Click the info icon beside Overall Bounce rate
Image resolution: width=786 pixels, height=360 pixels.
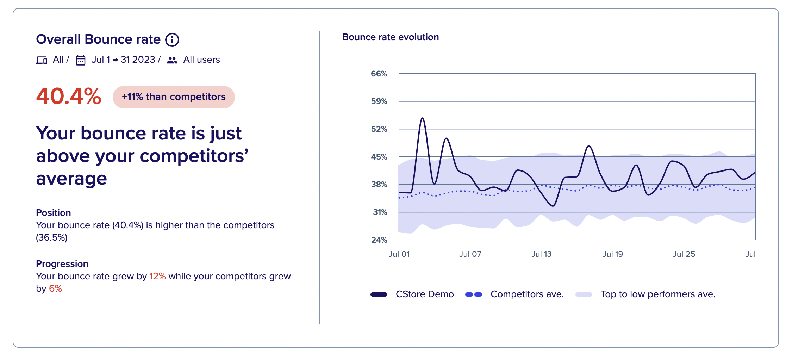point(172,40)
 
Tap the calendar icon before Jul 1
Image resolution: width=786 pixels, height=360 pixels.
point(81,60)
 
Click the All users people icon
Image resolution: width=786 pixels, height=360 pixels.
point(172,60)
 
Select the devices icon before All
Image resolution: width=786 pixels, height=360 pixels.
point(42,60)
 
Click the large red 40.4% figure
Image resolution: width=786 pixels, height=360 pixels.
point(69,96)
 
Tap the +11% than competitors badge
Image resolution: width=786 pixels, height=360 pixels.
point(174,97)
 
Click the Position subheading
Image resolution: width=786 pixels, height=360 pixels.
point(54,213)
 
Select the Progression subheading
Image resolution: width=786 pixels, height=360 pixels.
point(62,264)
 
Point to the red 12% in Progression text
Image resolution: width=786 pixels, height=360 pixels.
point(157,276)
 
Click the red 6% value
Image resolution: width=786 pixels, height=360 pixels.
point(55,288)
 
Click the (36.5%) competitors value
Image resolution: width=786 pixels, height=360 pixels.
point(52,237)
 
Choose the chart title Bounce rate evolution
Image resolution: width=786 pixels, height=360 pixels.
point(391,37)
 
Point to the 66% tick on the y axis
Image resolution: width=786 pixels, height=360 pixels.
point(379,74)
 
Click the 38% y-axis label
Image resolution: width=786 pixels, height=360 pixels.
point(379,184)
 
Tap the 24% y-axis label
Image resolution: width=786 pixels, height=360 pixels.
point(379,240)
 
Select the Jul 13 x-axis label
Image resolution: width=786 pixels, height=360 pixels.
point(541,254)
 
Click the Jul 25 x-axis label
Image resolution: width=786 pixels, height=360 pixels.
point(684,254)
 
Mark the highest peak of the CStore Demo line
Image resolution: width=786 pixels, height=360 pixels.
point(422,118)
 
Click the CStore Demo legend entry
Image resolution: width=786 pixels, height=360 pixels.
point(412,294)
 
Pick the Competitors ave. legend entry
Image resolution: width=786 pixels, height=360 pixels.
point(514,294)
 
